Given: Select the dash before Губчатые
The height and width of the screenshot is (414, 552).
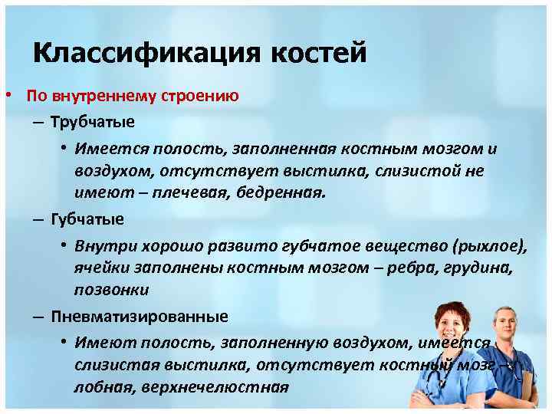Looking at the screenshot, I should (38, 219).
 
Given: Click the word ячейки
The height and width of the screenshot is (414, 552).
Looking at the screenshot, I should (100, 268).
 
